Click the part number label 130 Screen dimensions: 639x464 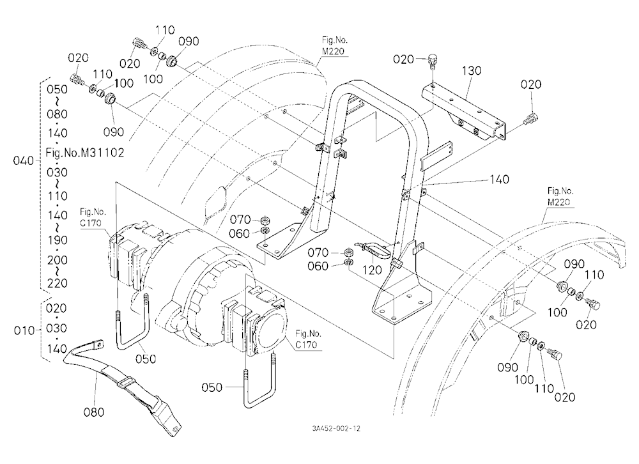[x=472, y=70]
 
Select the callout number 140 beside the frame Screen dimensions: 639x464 [x=499, y=180]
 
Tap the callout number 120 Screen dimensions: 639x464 [x=372, y=270]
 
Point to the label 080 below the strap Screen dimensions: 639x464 [x=94, y=412]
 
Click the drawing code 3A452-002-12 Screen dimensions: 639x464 [x=336, y=428]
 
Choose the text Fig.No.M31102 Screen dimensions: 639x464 [x=85, y=153]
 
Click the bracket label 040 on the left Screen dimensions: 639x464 [x=23, y=160]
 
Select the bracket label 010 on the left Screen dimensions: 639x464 [x=24, y=330]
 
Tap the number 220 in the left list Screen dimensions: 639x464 [x=57, y=283]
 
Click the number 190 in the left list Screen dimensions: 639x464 [x=57, y=240]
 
